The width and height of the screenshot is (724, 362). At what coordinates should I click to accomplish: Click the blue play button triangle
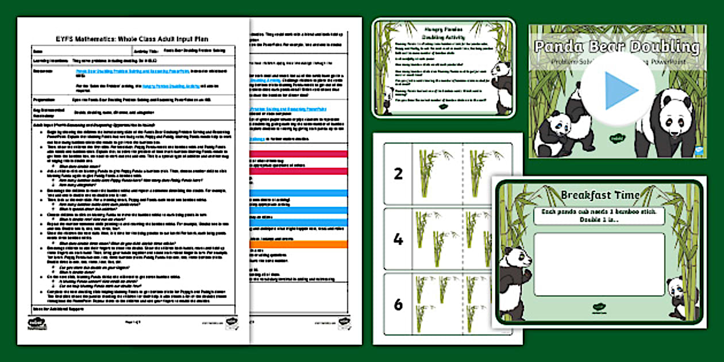coord(620,89)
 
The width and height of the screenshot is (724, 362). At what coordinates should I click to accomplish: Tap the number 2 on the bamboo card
coord(398,174)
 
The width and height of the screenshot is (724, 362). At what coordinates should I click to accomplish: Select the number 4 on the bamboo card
coord(398,239)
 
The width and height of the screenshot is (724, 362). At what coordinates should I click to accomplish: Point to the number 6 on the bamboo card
coord(398,305)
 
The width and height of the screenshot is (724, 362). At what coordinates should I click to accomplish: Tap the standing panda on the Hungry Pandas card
coord(501,86)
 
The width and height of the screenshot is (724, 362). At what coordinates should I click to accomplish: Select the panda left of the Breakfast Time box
coord(513,282)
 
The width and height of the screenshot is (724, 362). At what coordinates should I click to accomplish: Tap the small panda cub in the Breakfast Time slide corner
coord(679,296)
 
